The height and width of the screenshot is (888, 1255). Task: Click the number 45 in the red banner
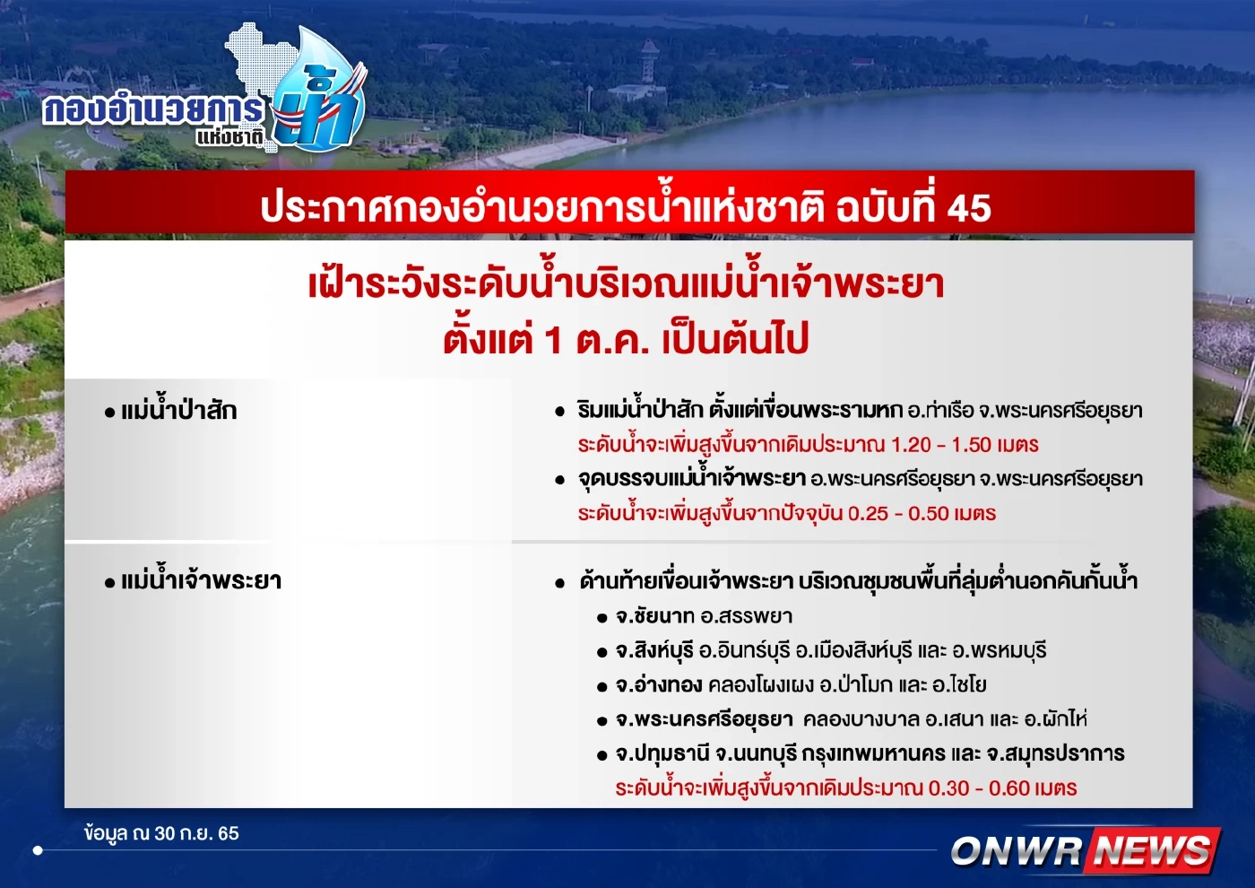tap(969, 208)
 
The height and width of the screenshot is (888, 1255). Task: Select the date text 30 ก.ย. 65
tap(196, 833)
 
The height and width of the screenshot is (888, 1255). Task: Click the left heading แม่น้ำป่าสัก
tap(178, 411)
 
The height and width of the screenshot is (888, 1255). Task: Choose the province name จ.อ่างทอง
tap(659, 685)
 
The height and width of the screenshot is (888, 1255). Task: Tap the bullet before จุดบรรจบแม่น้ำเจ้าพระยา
tap(560, 480)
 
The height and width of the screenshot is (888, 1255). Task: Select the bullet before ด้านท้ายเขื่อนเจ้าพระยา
tap(560, 582)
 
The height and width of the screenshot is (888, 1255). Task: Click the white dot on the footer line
tap(38, 849)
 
